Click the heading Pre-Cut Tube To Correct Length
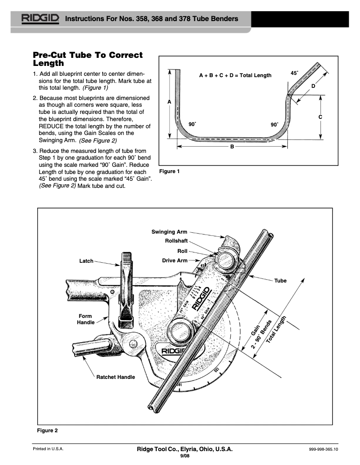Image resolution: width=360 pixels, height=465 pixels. (88, 59)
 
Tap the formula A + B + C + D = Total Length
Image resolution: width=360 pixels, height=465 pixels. (235, 75)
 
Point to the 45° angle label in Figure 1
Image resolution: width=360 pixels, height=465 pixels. (294, 73)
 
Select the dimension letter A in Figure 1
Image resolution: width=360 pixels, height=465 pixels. (169, 102)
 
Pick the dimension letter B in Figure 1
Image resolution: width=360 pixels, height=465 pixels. (233, 147)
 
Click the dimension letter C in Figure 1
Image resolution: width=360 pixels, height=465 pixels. (320, 117)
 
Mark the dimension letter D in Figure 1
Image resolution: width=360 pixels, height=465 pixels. (313, 86)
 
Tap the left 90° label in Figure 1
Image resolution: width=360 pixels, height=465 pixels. (192, 124)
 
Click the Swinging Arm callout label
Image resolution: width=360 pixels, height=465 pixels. (169, 232)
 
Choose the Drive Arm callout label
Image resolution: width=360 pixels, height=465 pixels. (175, 260)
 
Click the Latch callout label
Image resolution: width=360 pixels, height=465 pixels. (86, 261)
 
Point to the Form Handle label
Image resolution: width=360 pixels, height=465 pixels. (85, 319)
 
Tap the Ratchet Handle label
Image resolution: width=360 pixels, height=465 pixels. (115, 377)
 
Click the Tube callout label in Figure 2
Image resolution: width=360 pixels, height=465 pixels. (280, 281)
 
